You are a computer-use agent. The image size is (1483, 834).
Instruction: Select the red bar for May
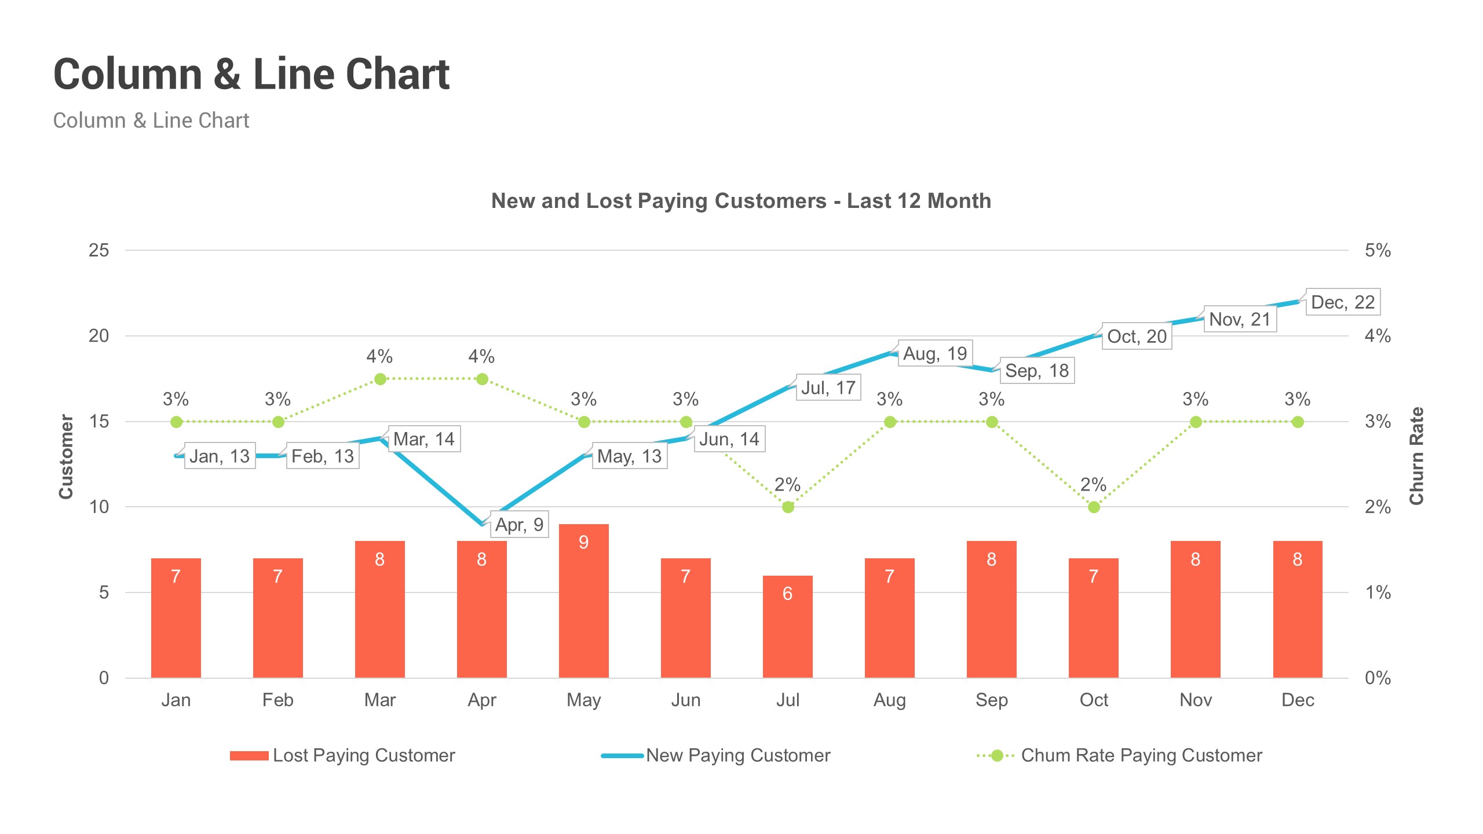[x=583, y=608]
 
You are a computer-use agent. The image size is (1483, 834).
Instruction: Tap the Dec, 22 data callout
[x=1342, y=302]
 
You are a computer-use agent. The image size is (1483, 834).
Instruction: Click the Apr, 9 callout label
[x=519, y=525]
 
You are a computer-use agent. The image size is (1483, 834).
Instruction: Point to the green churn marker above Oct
[x=1094, y=507]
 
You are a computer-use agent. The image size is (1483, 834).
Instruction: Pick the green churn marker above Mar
[x=380, y=379]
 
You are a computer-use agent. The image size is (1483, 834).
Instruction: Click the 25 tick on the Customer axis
[x=98, y=250]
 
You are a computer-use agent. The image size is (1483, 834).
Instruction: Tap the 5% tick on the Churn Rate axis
[x=1378, y=250]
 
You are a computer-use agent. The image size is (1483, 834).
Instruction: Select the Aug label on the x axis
[x=889, y=700]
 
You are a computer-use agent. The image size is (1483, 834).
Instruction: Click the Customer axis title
[x=66, y=456]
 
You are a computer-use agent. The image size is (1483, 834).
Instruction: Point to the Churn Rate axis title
[x=1416, y=456]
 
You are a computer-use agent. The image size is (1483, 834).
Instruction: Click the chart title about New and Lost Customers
[x=741, y=201]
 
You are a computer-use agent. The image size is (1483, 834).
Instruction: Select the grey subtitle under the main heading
[x=151, y=120]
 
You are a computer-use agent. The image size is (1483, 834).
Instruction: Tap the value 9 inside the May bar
[x=583, y=542]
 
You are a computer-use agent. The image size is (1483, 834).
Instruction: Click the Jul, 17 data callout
[x=828, y=387]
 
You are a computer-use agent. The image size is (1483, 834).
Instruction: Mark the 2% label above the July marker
[x=787, y=484]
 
